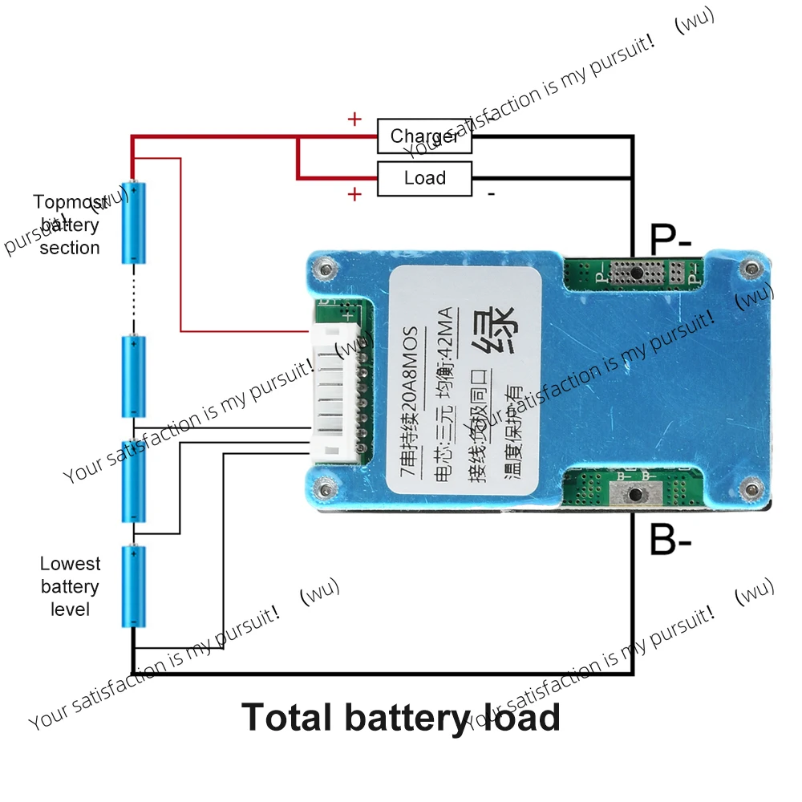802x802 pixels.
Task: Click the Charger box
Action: pyautogui.click(x=424, y=137)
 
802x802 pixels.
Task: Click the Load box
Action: pyautogui.click(x=424, y=178)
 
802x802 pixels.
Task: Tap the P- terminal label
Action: pyautogui.click(x=670, y=239)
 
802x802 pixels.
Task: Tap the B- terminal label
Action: pyautogui.click(x=670, y=541)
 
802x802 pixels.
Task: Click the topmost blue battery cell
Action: pyautogui.click(x=134, y=222)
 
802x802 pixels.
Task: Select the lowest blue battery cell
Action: pyautogui.click(x=134, y=587)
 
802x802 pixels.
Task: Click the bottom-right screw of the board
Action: pyautogui.click(x=751, y=486)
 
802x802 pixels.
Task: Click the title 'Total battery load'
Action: pyautogui.click(x=401, y=716)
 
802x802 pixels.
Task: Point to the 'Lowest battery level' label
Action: pyautogui.click(x=70, y=587)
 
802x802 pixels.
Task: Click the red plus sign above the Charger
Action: pyautogui.click(x=354, y=120)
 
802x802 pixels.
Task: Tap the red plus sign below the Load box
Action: pyautogui.click(x=354, y=194)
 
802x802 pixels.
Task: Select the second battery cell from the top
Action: pyautogui.click(x=134, y=376)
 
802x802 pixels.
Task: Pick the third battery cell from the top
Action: pyautogui.click(x=134, y=481)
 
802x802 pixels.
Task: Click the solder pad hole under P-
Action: pyautogui.click(x=634, y=273)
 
